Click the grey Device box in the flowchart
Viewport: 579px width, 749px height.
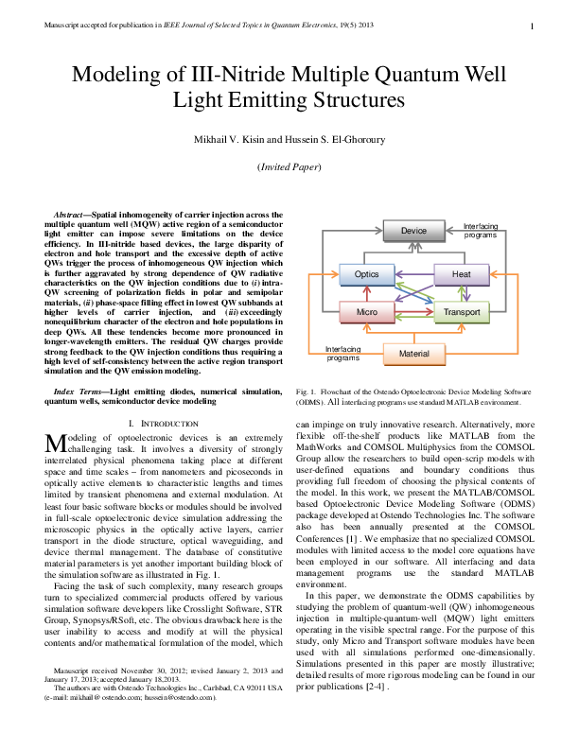(412, 231)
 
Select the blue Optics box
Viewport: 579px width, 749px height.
(366, 274)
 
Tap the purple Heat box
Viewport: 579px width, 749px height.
(461, 274)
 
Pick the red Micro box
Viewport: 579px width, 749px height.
(366, 311)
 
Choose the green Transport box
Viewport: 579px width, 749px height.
(461, 311)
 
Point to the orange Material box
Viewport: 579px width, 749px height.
(413, 353)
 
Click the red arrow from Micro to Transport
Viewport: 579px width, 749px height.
(413, 311)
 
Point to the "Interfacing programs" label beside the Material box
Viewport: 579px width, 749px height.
(342, 353)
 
